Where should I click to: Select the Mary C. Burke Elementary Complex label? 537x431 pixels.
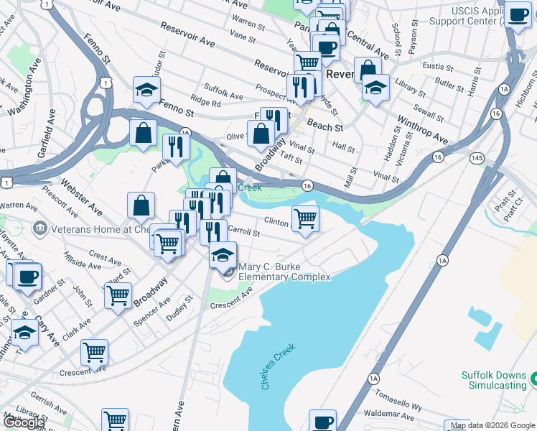click(x=284, y=272)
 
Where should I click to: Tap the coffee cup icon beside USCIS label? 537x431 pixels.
click(x=517, y=14)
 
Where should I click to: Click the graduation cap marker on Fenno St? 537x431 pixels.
click(x=146, y=91)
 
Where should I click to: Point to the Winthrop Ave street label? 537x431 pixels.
click(x=422, y=130)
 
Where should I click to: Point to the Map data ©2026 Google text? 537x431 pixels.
click(x=492, y=425)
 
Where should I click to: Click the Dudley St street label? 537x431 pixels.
click(x=179, y=308)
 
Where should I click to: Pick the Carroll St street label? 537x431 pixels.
click(x=241, y=231)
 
